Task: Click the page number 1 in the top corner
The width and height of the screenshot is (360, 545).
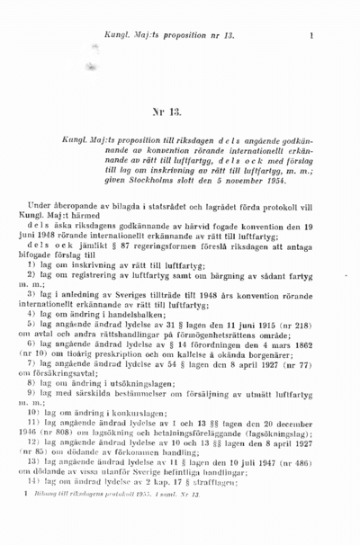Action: coord(310,37)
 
